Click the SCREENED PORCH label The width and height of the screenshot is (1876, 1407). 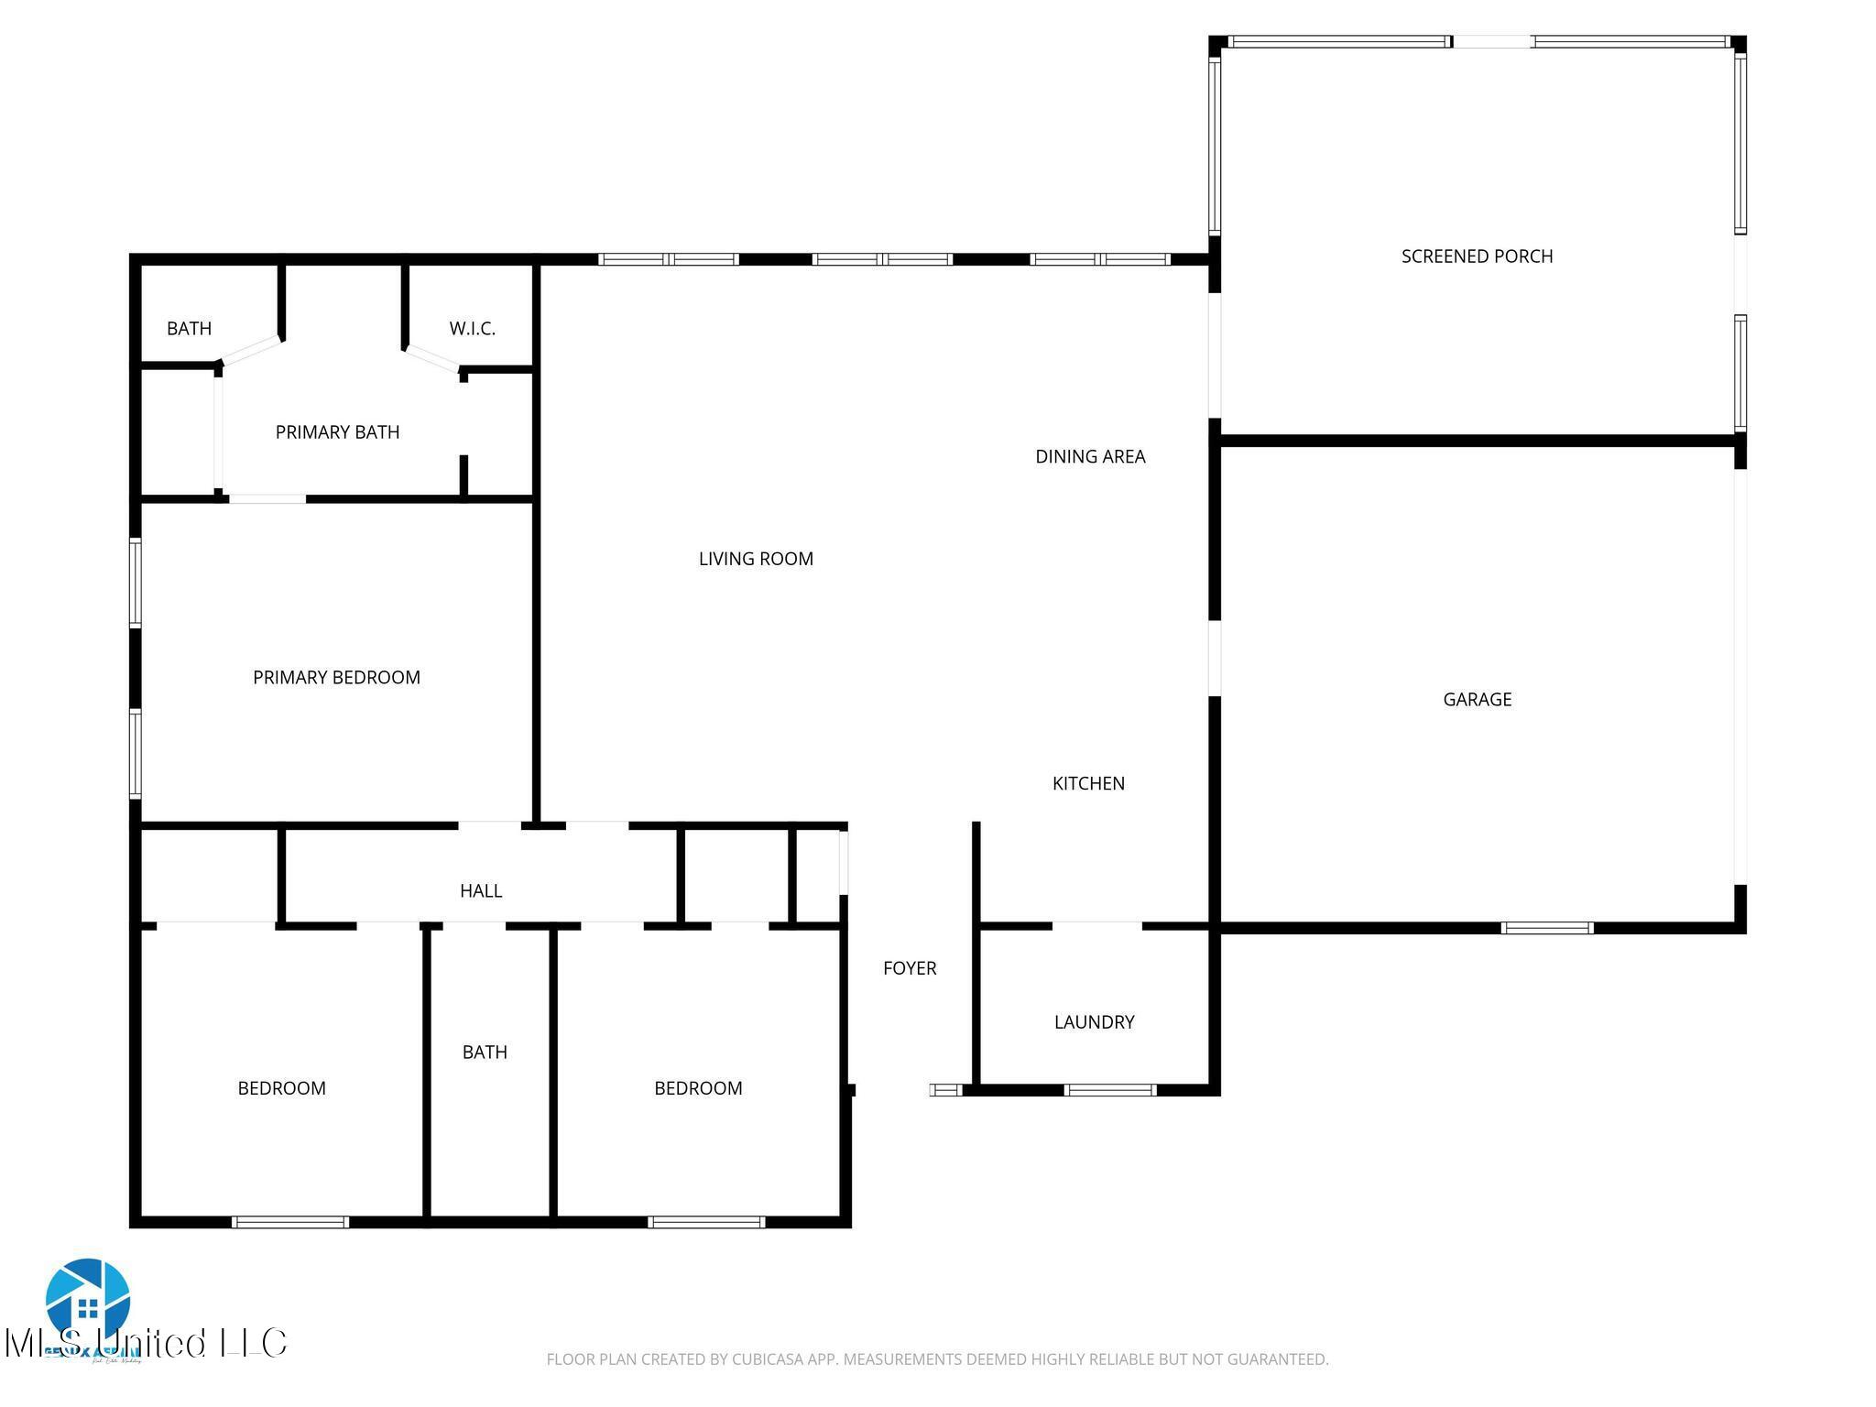pos(1477,256)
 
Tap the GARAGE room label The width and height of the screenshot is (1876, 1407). pos(1477,699)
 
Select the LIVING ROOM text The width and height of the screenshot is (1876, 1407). pos(756,559)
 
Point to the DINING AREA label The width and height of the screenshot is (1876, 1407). pos(1090,456)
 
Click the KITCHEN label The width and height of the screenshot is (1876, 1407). pos(1088,783)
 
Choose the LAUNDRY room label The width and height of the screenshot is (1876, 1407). pos(1094,1021)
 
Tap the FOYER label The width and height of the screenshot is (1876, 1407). pos(910,968)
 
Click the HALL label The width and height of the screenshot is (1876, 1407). pos(481,890)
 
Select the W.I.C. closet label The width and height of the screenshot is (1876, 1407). pos(473,328)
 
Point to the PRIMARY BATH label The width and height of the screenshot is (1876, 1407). pos(337,431)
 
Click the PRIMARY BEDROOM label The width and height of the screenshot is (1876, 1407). pos(336,677)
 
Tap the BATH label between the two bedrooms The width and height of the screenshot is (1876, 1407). pos(485,1052)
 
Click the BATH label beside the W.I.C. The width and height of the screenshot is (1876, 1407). pos(189,328)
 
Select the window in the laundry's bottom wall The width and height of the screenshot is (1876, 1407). pos(1110,1090)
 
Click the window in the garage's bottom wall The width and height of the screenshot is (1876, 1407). pos(1547,928)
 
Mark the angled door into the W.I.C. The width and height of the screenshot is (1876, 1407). pos(432,358)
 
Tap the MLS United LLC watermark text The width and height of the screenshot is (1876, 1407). pos(147,1343)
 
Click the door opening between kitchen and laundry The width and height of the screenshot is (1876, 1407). pos(1096,926)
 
